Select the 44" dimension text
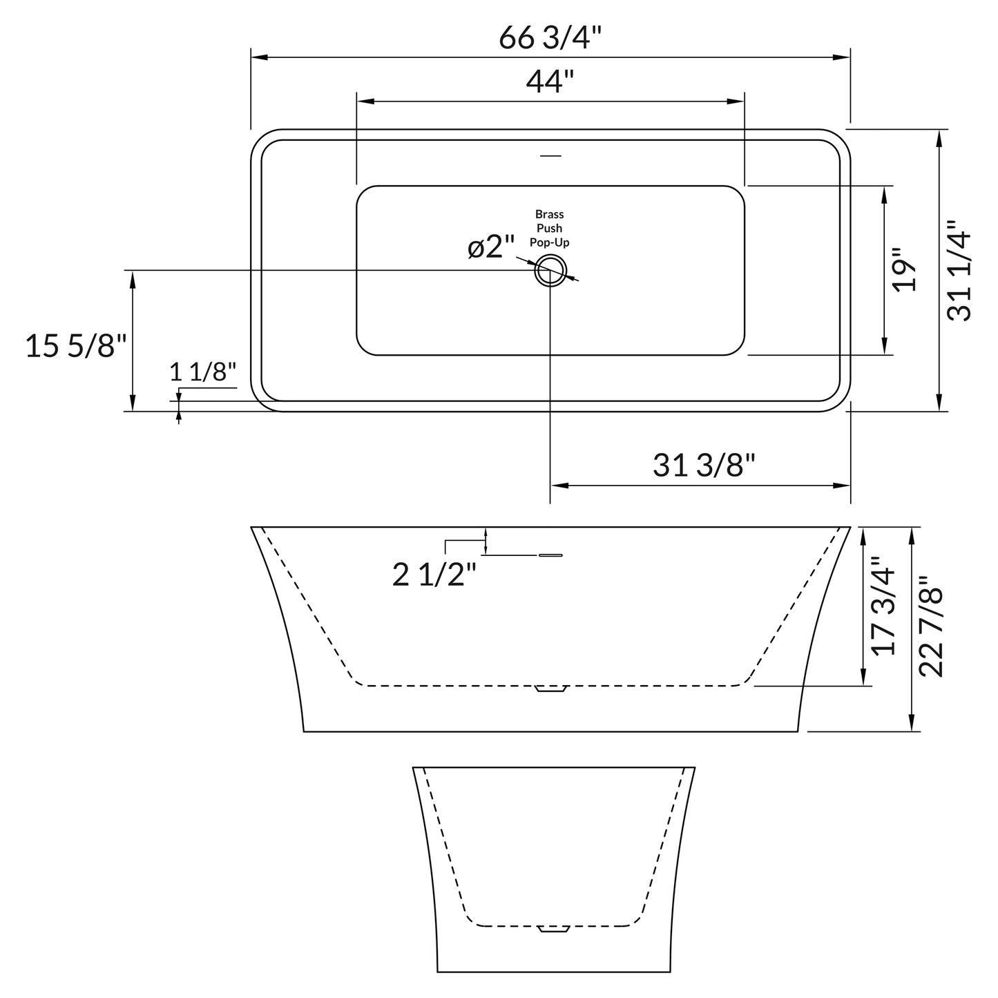pos(550,82)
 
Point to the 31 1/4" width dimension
pos(959,271)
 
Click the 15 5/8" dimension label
pos(76,345)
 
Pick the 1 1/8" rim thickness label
pos(203,372)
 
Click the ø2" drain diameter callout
pos(491,247)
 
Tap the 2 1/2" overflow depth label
pos(434,575)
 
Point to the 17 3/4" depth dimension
pos(883,606)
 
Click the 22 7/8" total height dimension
pos(932,626)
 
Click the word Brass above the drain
pos(550,214)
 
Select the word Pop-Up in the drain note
pos(550,242)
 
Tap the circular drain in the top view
pos(550,269)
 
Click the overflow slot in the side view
pos(550,555)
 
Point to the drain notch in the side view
pos(550,689)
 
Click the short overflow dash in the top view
pos(550,155)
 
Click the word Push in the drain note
pos(550,228)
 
